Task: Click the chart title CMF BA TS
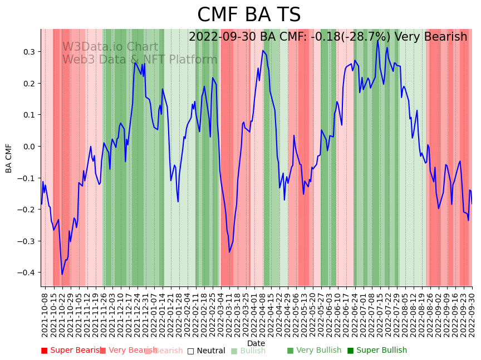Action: pyautogui.click(x=249, y=15)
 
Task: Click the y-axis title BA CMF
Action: pyautogui.click(x=9, y=158)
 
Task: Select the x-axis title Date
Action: pyautogui.click(x=256, y=343)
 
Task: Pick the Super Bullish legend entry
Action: pyautogui.click(x=377, y=351)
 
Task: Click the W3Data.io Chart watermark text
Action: pyautogui.click(x=110, y=47)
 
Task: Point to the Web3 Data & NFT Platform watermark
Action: pyautogui.click(x=139, y=60)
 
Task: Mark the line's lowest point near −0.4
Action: pyautogui.click(x=62, y=274)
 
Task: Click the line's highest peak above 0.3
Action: pyautogui.click(x=378, y=41)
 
